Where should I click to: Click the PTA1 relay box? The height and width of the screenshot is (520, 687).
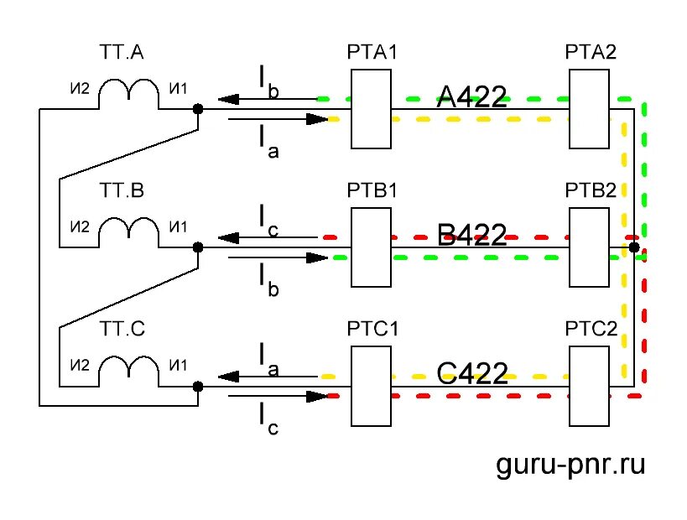[371, 109]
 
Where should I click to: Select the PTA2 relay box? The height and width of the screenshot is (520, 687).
[589, 109]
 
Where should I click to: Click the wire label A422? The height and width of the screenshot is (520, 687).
[472, 97]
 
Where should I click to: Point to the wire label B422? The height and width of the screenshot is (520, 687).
[472, 236]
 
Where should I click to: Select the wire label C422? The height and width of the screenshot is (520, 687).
[472, 373]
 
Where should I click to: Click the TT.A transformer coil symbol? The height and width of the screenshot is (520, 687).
[128, 94]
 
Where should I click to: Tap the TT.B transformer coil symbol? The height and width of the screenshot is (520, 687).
[128, 232]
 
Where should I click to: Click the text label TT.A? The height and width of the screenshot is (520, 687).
[122, 54]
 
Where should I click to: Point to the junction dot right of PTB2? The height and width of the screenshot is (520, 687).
[633, 247]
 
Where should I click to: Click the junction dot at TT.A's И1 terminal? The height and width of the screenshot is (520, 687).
[198, 109]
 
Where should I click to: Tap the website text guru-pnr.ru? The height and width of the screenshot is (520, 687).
[571, 462]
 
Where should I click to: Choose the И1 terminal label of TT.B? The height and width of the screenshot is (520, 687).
[178, 226]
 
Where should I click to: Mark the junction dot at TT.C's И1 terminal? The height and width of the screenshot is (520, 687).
[198, 387]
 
